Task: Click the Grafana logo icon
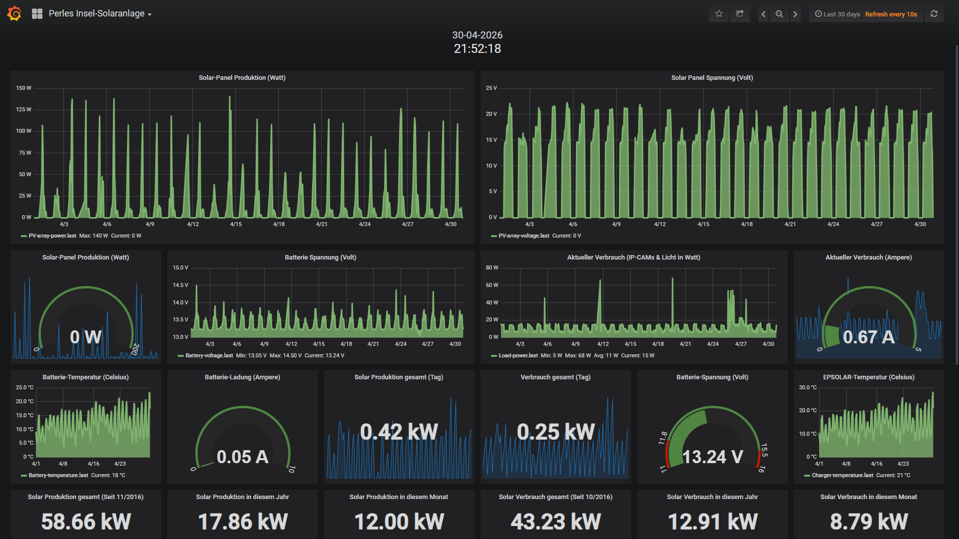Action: click(14, 13)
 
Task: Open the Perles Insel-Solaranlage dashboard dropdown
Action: click(100, 14)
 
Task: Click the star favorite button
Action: click(719, 14)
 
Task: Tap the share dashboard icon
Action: click(740, 14)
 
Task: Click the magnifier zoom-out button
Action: click(779, 14)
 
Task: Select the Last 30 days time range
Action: click(842, 14)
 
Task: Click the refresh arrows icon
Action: click(934, 14)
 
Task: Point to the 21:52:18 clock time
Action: click(478, 48)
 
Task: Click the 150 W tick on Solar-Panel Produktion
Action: click(23, 88)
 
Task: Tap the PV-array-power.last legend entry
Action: click(52, 236)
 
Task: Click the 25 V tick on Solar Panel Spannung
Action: click(491, 88)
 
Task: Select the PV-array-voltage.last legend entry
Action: click(524, 236)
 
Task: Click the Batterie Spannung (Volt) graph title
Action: click(321, 258)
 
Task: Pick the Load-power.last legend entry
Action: click(518, 355)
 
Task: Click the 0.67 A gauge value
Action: click(869, 337)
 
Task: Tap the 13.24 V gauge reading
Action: click(712, 457)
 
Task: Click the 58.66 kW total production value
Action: click(86, 522)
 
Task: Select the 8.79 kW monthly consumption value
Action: click(869, 522)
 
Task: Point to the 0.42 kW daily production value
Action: click(399, 432)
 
